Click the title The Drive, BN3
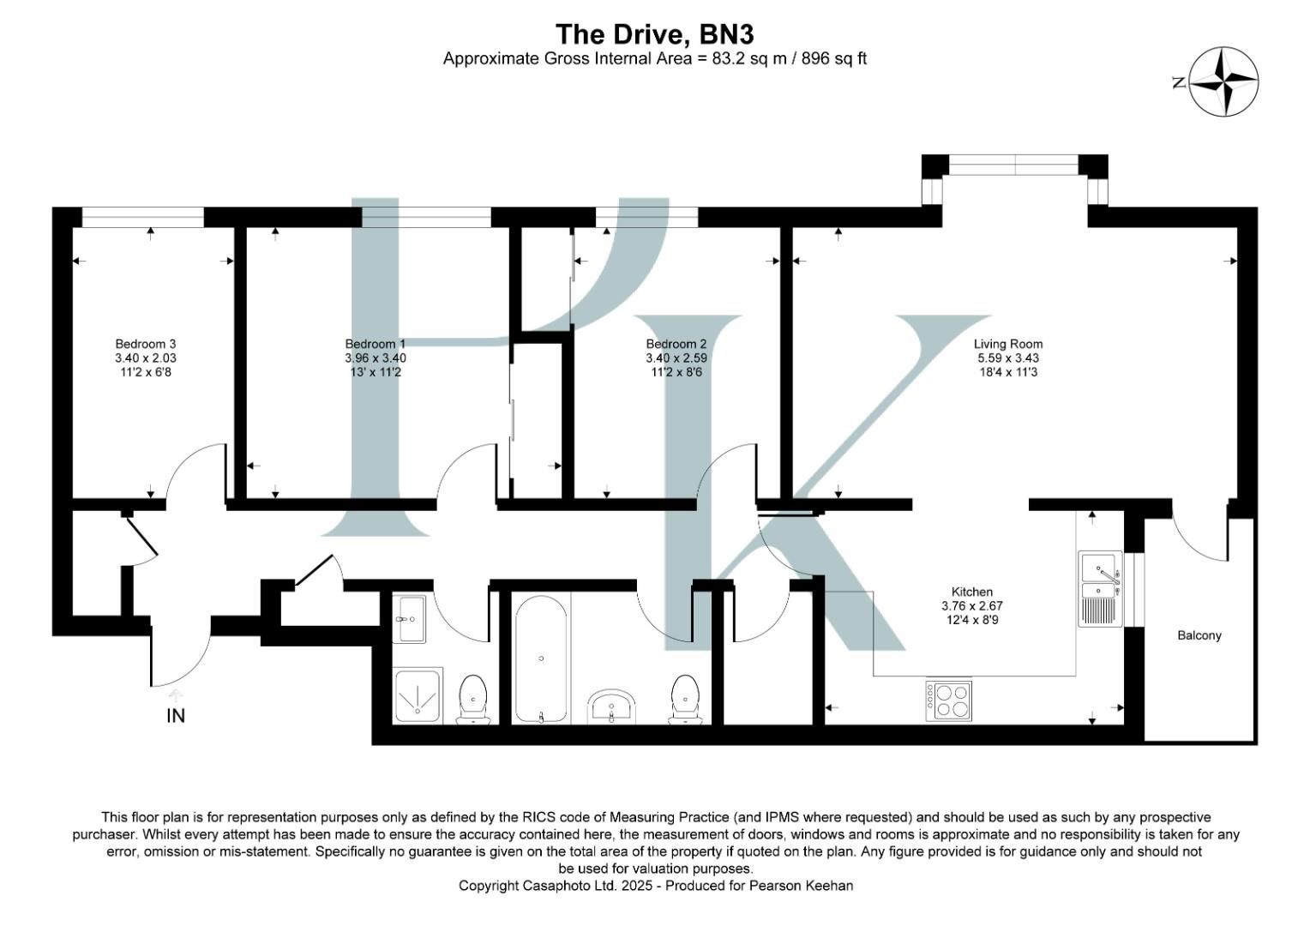coord(654,34)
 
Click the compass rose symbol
coord(1223,81)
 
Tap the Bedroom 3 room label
coord(146,344)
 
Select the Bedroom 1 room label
coord(376,344)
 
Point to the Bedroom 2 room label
coord(676,344)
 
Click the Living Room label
coord(1008,344)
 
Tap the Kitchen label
coord(972,592)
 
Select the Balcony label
coord(1199,635)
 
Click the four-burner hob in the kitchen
coord(948,701)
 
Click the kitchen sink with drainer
coord(1100,588)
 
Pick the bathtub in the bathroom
coord(541,658)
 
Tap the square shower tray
coord(418,694)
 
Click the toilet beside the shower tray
coord(473,698)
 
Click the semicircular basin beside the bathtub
coord(612,707)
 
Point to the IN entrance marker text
coord(176,716)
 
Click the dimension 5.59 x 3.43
coord(1008,358)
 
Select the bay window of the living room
coord(1014,165)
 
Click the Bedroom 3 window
coord(142,218)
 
